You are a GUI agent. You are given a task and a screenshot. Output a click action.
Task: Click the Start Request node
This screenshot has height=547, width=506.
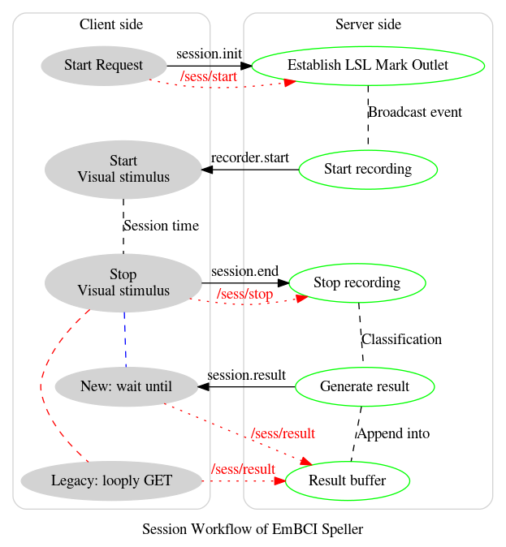click(103, 66)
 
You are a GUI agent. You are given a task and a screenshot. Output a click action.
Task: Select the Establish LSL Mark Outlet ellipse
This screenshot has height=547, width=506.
click(368, 66)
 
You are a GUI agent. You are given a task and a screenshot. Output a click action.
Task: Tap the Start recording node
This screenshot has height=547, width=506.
click(368, 170)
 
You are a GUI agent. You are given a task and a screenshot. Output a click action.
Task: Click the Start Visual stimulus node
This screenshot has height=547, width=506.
click(123, 170)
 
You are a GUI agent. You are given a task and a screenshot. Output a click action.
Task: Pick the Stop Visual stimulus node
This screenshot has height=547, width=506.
click(123, 282)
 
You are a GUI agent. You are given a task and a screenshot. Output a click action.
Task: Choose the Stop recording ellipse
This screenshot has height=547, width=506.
click(357, 282)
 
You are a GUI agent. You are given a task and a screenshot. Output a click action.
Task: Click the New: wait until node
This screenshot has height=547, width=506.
click(127, 387)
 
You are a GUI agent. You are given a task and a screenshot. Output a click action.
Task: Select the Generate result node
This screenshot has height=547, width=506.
click(364, 387)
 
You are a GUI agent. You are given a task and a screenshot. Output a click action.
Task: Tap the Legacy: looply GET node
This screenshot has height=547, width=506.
click(111, 480)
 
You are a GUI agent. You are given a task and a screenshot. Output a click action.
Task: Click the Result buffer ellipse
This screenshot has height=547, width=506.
click(348, 480)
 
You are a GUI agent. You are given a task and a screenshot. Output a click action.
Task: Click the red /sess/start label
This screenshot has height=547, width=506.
click(208, 77)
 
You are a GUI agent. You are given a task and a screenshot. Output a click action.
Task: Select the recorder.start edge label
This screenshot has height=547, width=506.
click(249, 157)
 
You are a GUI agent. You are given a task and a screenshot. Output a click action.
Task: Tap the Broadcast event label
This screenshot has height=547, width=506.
click(415, 112)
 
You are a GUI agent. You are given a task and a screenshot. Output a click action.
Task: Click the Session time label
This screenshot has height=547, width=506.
click(161, 226)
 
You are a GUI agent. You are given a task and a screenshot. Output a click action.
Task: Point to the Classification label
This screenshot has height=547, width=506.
click(401, 339)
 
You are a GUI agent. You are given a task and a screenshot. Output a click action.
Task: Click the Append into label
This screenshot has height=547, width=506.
click(393, 433)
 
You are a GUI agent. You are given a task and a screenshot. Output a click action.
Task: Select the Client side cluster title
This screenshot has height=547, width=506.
click(111, 24)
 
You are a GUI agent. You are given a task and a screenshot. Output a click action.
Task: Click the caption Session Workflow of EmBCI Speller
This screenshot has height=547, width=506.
click(253, 529)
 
